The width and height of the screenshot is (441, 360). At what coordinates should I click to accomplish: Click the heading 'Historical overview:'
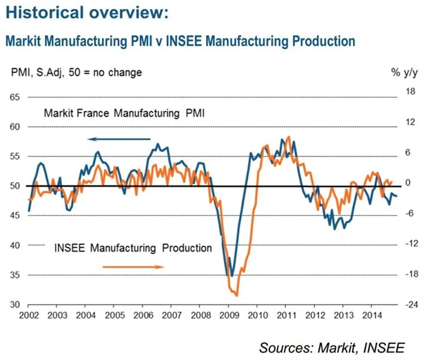point(85,13)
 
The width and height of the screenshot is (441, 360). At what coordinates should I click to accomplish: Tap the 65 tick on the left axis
point(13,97)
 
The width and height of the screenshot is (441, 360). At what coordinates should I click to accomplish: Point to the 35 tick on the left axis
point(13,275)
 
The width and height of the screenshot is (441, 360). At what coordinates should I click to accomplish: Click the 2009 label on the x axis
point(228,314)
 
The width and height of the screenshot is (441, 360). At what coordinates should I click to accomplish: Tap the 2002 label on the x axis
point(29,314)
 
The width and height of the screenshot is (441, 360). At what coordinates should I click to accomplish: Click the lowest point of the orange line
point(236,296)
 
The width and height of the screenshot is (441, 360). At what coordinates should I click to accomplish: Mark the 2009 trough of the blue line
point(232,276)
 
